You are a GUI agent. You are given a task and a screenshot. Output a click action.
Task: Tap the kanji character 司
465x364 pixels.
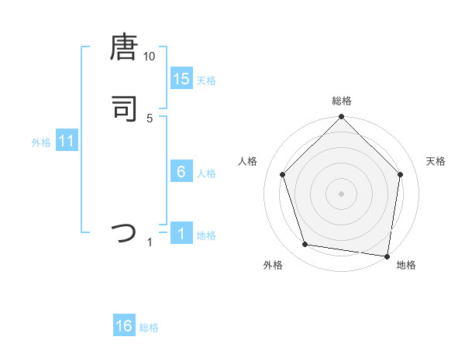124,108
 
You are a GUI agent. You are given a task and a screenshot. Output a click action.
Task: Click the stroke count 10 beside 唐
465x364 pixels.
150,57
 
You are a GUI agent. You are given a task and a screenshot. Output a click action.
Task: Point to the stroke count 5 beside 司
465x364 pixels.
150,118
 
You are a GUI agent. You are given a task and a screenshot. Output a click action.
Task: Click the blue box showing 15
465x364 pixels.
181,79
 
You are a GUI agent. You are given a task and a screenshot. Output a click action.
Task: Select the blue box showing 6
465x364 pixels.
181,172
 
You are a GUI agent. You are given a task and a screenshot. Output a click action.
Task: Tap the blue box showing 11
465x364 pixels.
67,142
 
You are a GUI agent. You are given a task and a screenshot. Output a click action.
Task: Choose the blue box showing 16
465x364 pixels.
124,327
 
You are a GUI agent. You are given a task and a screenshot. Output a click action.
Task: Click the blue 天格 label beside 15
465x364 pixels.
206,81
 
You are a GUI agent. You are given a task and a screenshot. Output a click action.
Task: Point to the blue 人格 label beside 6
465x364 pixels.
206,173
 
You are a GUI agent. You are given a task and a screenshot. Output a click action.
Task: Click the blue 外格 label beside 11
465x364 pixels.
40,143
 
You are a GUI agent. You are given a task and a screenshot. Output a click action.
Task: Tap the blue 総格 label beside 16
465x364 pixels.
149,328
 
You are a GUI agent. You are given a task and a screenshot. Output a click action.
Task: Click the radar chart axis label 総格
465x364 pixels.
341,101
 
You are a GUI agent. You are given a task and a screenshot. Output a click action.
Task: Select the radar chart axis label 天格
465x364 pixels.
436,161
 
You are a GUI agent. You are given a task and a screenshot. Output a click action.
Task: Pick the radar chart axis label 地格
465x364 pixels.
406,266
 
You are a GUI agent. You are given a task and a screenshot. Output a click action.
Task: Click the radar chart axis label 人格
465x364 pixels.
248,161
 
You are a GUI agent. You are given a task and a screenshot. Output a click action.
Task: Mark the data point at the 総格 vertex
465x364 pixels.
341,117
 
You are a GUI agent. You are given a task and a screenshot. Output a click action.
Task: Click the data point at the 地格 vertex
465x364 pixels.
387,256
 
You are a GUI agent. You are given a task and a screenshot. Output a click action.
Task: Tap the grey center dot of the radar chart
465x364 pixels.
341,192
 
